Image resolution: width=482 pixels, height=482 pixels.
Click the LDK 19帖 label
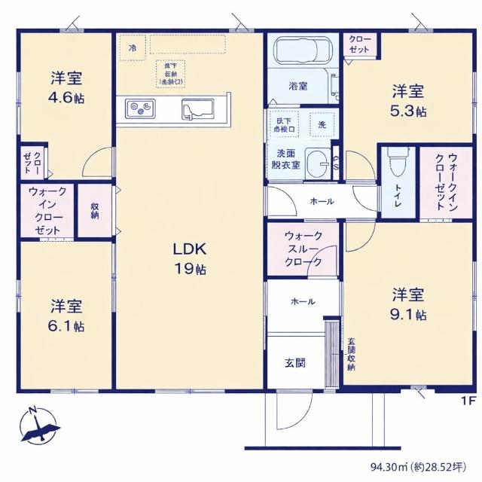(191, 258)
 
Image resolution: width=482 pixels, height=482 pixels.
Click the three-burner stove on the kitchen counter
(140, 109)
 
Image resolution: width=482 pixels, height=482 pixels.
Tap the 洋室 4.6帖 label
(67, 87)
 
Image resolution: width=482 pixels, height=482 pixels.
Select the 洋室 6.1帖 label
(67, 316)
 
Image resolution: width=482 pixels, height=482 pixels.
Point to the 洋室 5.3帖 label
(407, 101)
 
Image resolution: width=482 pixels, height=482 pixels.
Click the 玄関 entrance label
(294, 362)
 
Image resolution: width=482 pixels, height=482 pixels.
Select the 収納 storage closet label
(95, 210)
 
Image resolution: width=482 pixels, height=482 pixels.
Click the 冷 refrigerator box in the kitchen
(133, 47)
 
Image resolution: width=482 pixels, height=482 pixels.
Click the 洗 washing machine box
(322, 124)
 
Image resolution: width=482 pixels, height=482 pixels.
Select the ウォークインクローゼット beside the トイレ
(435, 182)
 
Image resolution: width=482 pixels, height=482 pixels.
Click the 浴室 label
(298, 87)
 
